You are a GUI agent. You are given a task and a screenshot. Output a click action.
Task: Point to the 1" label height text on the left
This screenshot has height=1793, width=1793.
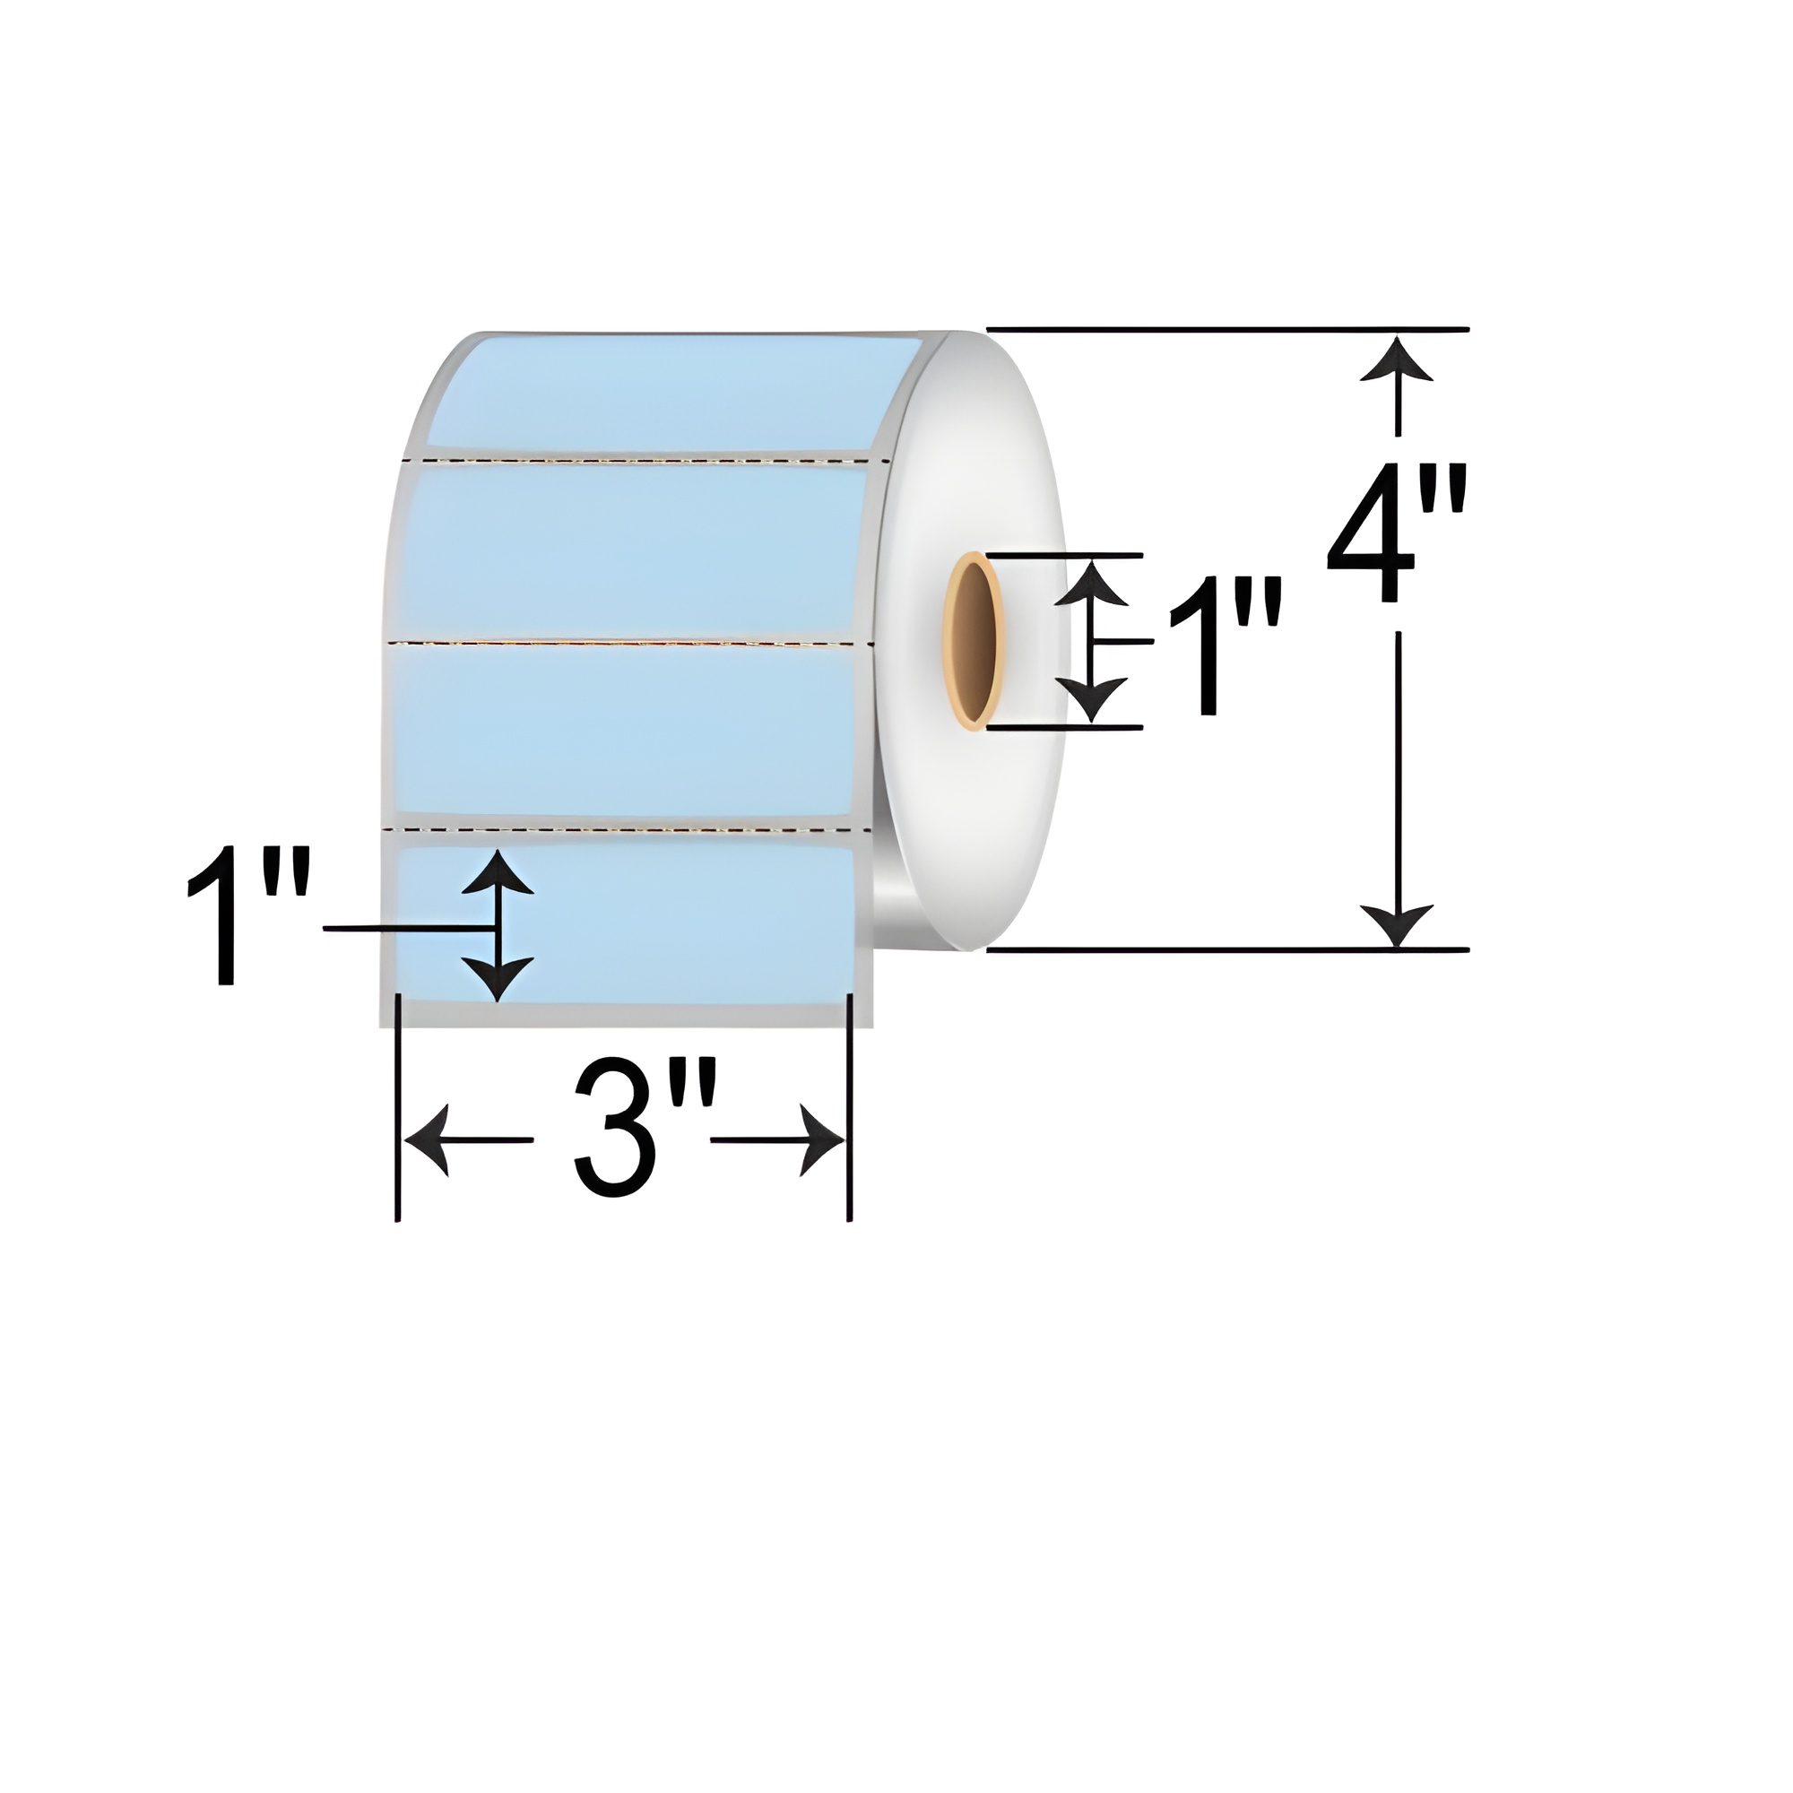247,914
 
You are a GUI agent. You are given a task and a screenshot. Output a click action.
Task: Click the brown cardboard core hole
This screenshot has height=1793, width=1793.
972,640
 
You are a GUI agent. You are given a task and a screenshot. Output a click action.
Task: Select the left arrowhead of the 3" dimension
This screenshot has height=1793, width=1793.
428,1139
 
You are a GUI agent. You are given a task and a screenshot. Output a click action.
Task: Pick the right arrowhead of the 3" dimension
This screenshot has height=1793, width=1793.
822,1139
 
